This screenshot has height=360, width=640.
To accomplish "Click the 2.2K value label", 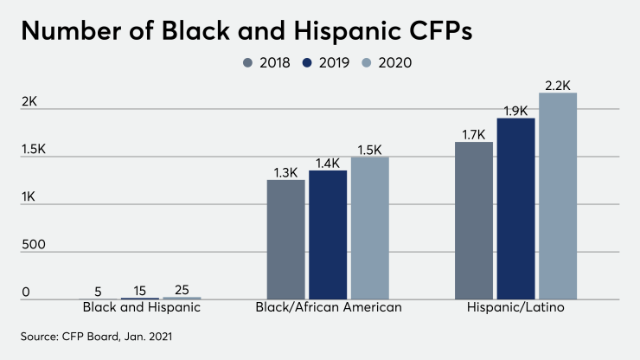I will tap(558, 85).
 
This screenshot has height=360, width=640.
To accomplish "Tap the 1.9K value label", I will tap(516, 110).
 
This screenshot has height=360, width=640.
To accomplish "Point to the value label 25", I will tap(182, 290).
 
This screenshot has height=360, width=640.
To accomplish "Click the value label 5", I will tap(98, 291).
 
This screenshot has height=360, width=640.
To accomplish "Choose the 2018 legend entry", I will tap(266, 62).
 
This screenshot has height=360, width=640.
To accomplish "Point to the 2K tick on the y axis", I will tap(29, 101).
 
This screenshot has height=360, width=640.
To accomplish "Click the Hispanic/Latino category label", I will tap(516, 307).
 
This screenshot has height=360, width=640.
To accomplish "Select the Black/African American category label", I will tap(329, 307).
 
